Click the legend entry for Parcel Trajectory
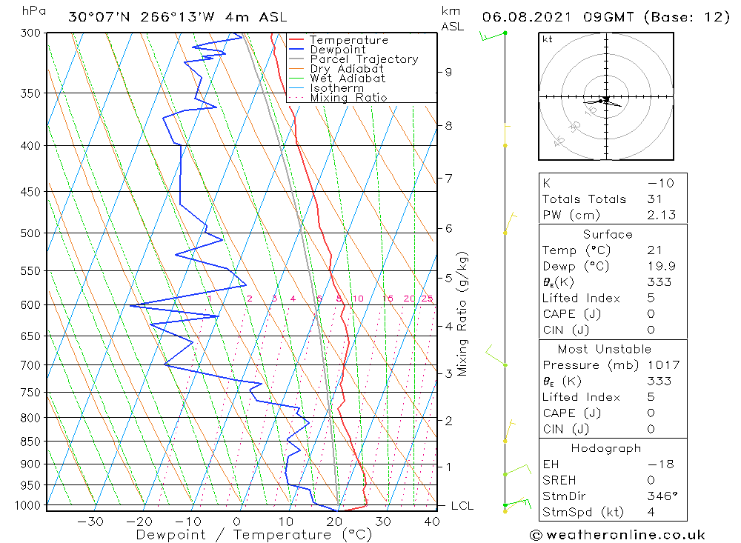pyautogui.click(x=364, y=59)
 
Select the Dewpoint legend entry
pyautogui.click(x=337, y=50)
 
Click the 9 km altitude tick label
pyautogui.click(x=448, y=72)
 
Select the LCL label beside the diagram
pyautogui.click(x=462, y=506)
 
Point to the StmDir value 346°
pyautogui.click(x=659, y=496)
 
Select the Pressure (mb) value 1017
pyautogui.click(x=659, y=365)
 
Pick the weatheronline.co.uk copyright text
pyautogui.click(x=617, y=535)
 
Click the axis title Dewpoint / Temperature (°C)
pyautogui.click(x=253, y=534)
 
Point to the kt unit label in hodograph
pyautogui.click(x=548, y=39)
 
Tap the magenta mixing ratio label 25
pyautogui.click(x=427, y=299)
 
